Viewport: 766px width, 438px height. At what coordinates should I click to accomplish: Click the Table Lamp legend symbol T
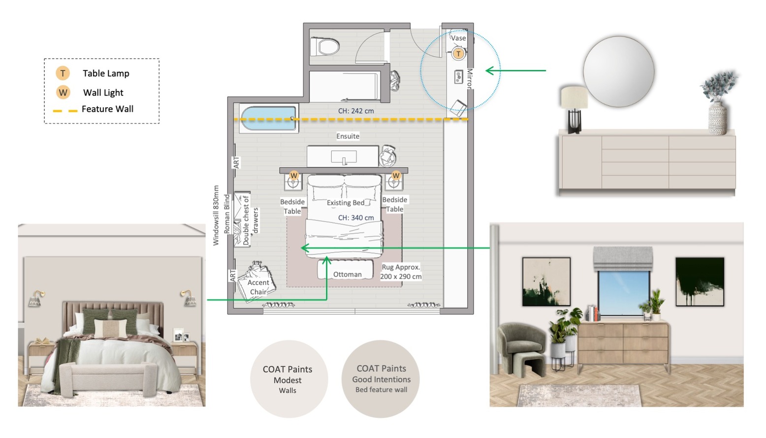(x=63, y=73)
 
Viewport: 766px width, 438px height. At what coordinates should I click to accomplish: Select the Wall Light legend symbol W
(x=63, y=93)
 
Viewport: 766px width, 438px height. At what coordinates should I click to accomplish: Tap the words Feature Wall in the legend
(x=107, y=109)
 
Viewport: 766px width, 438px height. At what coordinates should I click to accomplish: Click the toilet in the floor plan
(x=325, y=46)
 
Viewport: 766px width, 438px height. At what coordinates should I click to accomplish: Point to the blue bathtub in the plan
(x=268, y=118)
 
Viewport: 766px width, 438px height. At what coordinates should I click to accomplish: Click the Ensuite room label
(x=348, y=136)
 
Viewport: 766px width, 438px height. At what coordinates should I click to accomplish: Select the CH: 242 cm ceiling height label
(x=356, y=111)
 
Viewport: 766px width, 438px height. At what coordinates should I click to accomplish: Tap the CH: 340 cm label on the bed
(x=356, y=218)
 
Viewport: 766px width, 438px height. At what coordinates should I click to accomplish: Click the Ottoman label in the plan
(x=348, y=274)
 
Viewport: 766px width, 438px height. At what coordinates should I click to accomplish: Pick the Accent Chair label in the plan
(x=258, y=287)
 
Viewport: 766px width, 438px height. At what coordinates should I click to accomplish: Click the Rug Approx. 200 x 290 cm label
(x=401, y=272)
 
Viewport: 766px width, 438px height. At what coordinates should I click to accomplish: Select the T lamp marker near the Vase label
(x=458, y=54)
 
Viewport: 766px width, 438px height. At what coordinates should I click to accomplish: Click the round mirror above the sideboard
(x=619, y=71)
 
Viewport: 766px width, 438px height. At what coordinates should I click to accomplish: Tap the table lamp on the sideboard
(x=574, y=109)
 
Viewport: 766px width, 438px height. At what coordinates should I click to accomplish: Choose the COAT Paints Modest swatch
(x=289, y=379)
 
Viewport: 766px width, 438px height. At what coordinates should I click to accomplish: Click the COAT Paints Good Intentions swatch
(x=381, y=379)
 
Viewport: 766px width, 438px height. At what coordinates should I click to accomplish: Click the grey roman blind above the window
(x=623, y=259)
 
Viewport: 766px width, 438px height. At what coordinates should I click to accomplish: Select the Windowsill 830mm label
(x=216, y=216)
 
